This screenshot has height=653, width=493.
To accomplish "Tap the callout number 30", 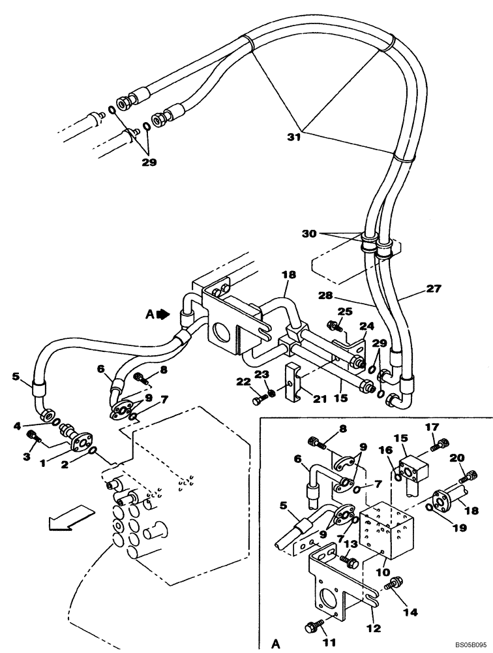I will pyautogui.click(x=310, y=233).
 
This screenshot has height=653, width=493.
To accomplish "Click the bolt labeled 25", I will pyautogui.click(x=333, y=325).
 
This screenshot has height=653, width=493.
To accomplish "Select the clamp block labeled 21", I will pyautogui.click(x=295, y=386).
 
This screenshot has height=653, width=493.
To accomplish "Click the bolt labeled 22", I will pyautogui.click(x=258, y=395).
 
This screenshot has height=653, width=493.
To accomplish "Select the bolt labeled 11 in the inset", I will pyautogui.click(x=312, y=627).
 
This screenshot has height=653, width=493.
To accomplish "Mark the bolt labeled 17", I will pyautogui.click(x=440, y=444).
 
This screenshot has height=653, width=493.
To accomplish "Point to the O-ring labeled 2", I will pyautogui.click(x=93, y=451).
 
